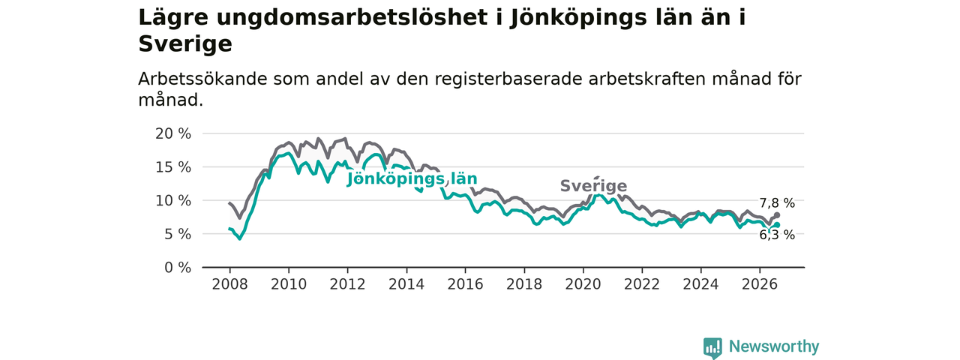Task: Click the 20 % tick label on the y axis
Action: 173,133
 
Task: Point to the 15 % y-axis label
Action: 173,167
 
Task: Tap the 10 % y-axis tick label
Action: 173,200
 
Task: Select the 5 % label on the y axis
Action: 178,234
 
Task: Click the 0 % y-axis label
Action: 178,268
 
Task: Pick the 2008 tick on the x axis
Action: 229,284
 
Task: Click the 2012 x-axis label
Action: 347,284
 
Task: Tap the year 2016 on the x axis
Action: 466,284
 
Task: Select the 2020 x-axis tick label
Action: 583,284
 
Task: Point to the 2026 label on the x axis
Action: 760,284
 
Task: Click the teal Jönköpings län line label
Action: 412,178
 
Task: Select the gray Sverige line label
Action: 593,186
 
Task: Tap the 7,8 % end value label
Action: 777,203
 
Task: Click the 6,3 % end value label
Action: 777,235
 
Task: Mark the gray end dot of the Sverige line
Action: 777,215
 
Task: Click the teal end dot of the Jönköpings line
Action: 777,225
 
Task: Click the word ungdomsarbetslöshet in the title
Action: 352,18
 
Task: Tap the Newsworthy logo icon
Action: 712,347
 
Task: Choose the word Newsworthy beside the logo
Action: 774,346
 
